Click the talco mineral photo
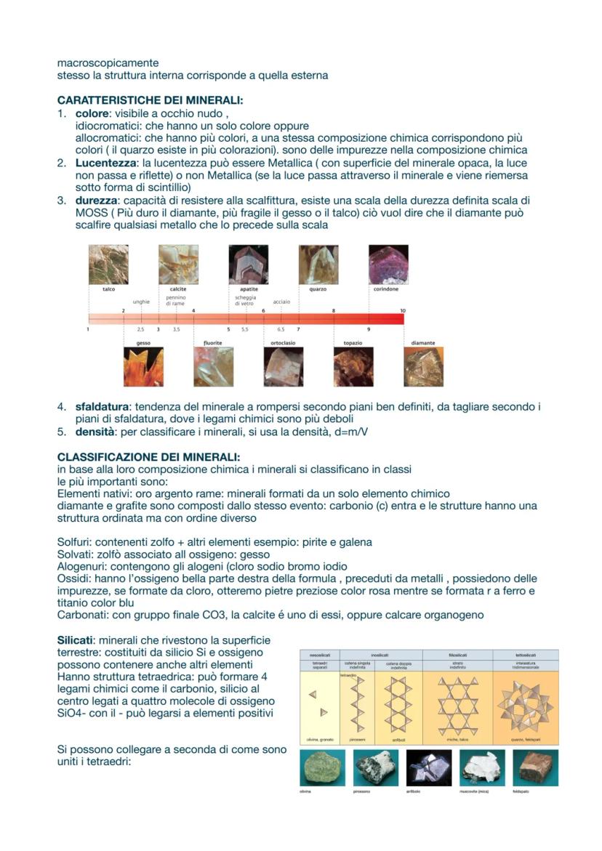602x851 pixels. click(x=108, y=264)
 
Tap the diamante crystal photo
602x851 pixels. click(x=423, y=367)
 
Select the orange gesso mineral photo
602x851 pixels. click(x=143, y=367)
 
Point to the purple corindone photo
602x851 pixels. click(x=388, y=264)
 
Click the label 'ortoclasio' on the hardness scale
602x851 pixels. click(x=283, y=342)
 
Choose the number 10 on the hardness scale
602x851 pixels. click(x=402, y=311)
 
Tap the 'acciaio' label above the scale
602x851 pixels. click(x=281, y=301)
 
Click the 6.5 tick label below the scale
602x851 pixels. click(x=281, y=329)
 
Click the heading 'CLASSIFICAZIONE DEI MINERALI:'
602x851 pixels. click(x=148, y=457)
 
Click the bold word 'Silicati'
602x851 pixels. click(x=76, y=640)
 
